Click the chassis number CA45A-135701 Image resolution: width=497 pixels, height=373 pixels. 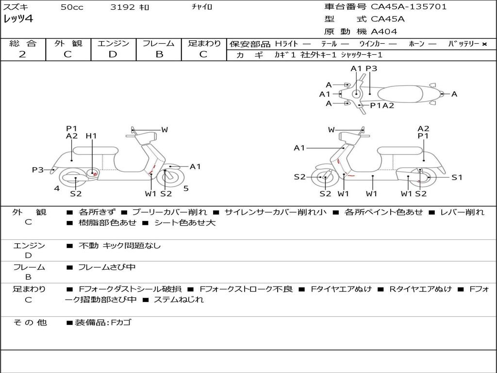[409, 7]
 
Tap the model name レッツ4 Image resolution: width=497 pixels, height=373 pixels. [18, 19]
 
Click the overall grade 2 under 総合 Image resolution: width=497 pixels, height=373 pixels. [22, 54]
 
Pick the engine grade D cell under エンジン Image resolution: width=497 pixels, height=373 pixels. [113, 54]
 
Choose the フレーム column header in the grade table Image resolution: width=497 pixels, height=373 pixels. [159, 44]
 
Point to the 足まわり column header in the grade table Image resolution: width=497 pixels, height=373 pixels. [204, 44]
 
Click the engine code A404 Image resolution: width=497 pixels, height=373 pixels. [384, 32]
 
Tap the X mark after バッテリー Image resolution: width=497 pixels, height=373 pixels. [484, 44]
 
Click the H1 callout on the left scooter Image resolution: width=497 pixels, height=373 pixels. [91, 136]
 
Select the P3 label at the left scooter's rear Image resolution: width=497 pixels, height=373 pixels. [38, 170]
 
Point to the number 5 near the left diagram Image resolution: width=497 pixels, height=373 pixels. [186, 188]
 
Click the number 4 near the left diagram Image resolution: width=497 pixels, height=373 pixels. [57, 188]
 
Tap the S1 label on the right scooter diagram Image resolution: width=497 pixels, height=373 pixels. [457, 177]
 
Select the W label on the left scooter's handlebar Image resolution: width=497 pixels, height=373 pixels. [165, 130]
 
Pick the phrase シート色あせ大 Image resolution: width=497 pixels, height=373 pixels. [184, 223]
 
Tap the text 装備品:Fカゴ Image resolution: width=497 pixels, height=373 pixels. [102, 322]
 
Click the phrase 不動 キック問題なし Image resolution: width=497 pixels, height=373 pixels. [119, 246]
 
